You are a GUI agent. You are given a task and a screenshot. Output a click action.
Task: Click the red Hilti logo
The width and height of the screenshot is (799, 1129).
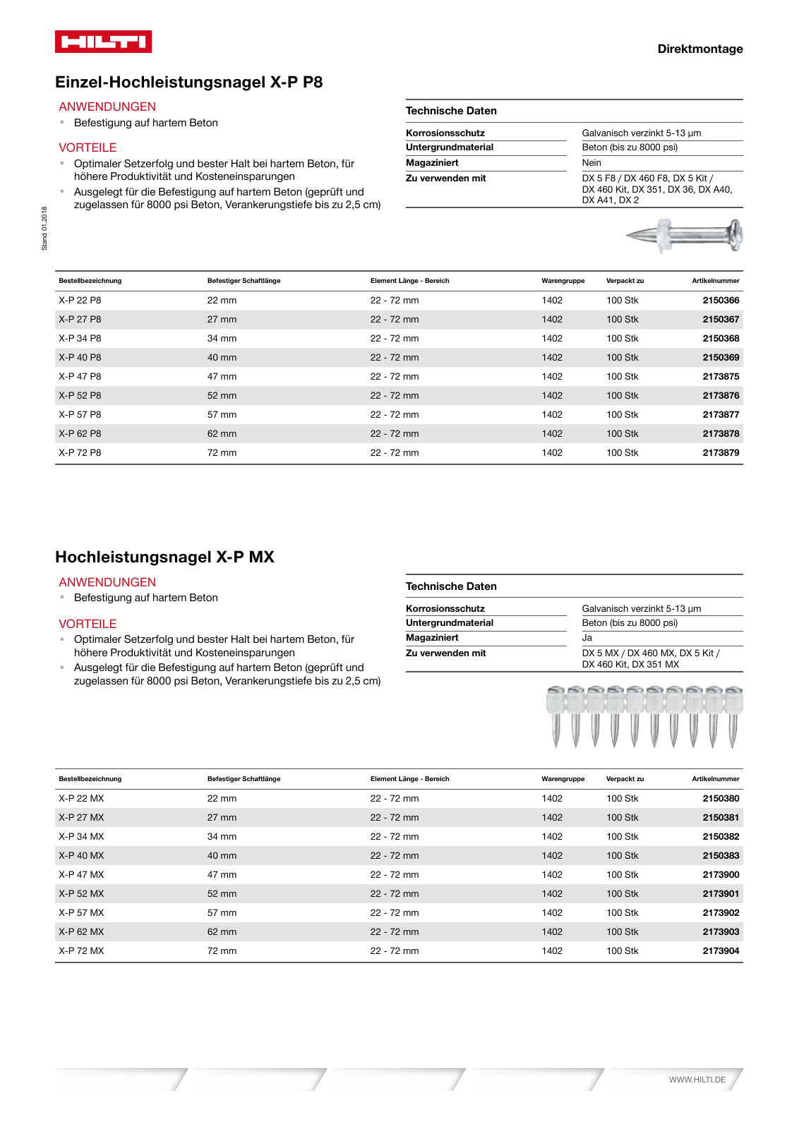coord(103,42)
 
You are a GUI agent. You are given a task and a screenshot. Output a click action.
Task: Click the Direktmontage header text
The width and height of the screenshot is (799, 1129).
coord(699,49)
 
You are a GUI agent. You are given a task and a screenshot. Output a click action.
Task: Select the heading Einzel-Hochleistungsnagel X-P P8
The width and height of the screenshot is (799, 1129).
coord(188,82)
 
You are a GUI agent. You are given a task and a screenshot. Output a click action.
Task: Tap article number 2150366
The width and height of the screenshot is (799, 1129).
coord(721,300)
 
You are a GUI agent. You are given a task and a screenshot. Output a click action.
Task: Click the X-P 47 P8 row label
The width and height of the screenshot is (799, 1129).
coord(80,376)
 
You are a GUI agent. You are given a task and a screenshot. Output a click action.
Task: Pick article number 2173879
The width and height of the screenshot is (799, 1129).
coord(721,452)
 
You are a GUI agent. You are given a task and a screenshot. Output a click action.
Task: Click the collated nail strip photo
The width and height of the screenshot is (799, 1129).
coord(644,716)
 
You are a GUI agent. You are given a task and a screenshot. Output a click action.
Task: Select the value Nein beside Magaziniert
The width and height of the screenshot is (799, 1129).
coord(591,162)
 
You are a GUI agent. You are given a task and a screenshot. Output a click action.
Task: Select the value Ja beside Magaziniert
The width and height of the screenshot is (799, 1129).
coord(587,637)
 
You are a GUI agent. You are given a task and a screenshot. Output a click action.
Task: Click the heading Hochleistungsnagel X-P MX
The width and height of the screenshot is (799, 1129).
coord(164,557)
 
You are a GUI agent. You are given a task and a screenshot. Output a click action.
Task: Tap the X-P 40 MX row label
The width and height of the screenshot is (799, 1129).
coord(81,855)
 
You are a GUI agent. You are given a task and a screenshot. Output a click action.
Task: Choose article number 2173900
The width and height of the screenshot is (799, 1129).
coord(721,874)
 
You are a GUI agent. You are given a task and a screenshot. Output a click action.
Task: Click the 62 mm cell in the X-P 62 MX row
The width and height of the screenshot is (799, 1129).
coord(222,931)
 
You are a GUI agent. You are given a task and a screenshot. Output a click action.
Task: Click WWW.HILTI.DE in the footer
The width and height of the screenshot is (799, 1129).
coord(697,1080)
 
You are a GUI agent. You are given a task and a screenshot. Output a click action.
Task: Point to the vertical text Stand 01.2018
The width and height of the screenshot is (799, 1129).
coord(44,228)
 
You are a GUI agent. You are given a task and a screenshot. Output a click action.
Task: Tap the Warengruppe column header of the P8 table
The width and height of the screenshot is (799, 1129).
coord(563,281)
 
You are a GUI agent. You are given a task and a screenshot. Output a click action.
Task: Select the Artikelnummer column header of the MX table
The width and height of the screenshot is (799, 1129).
coord(715,779)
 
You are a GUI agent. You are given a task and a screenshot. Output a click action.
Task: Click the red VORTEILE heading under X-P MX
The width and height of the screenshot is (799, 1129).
coord(88,624)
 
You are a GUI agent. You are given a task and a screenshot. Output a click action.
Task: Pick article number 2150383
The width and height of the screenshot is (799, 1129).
coord(721,855)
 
